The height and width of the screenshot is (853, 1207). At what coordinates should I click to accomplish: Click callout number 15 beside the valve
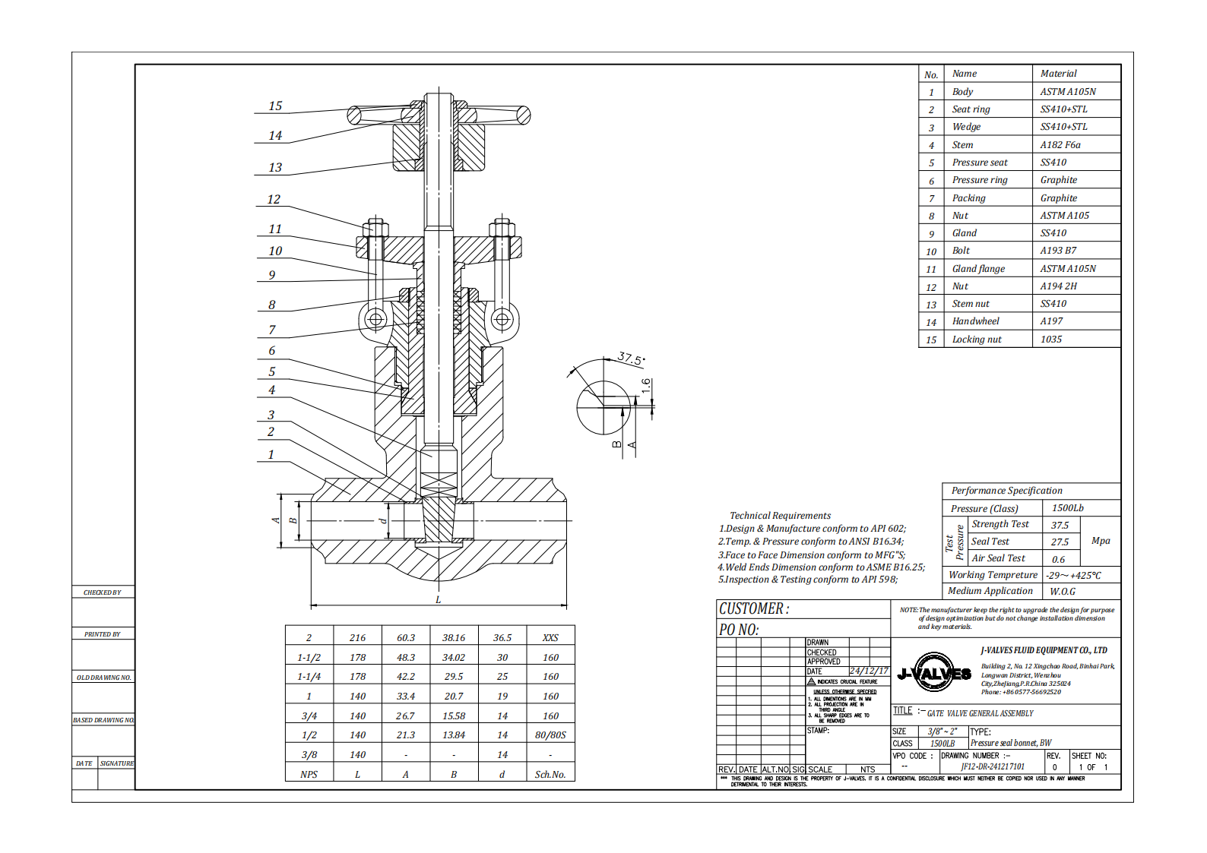click(x=275, y=106)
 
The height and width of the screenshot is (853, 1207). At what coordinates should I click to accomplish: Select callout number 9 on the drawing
click(x=271, y=275)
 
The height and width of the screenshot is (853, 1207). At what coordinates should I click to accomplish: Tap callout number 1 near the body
click(x=271, y=455)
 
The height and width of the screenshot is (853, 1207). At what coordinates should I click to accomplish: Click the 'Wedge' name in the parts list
click(x=966, y=127)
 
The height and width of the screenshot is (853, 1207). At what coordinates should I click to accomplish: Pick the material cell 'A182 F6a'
click(x=1060, y=145)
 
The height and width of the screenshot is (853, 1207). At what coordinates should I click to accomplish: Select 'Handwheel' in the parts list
click(x=975, y=321)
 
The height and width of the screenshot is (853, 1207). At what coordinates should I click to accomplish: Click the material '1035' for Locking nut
click(x=1050, y=340)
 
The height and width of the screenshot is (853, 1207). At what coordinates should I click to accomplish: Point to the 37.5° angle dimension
click(x=630, y=358)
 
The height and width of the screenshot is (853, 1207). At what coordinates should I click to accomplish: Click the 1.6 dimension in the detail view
click(x=646, y=386)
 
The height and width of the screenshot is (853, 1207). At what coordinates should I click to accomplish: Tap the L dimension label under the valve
click(x=439, y=600)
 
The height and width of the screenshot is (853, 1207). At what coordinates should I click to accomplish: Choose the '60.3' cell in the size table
click(x=406, y=638)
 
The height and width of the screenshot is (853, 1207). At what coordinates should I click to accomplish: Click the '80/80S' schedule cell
click(x=550, y=735)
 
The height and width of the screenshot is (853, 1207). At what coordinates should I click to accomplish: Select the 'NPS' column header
click(x=309, y=775)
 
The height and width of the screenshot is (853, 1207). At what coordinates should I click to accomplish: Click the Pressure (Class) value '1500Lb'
click(x=1067, y=508)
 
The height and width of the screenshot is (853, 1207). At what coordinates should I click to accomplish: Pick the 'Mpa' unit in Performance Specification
click(x=1100, y=541)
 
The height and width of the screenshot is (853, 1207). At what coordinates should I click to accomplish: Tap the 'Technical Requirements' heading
click(x=780, y=516)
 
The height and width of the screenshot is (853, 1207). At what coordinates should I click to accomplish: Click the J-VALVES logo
click(x=934, y=673)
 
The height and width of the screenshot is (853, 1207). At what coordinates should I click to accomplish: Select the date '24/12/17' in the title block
click(x=869, y=671)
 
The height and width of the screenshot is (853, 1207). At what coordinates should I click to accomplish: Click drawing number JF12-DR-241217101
click(x=992, y=767)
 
